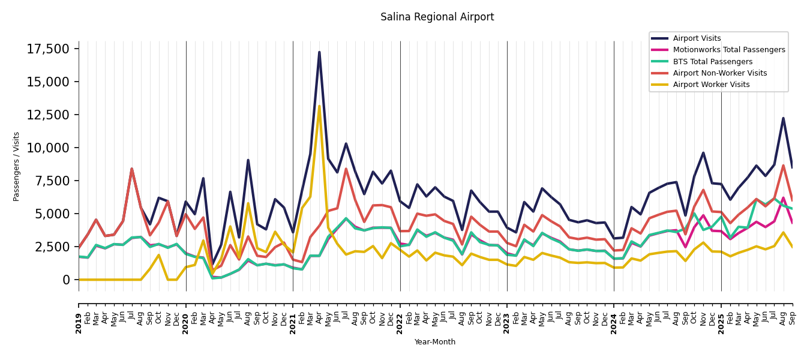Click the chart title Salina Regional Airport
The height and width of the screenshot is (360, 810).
pyautogui.click(x=437, y=17)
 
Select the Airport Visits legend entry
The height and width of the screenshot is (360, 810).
pyautogui.click(x=697, y=38)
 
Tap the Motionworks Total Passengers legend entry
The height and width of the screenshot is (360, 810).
pyautogui.click(x=728, y=50)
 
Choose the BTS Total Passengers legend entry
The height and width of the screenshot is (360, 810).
pyautogui.click(x=712, y=62)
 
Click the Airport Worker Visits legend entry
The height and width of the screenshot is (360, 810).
pyautogui.click(x=711, y=85)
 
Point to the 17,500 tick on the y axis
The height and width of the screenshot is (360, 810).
pyautogui.click(x=48, y=49)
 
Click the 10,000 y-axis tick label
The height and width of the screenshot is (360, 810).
pyautogui.click(x=48, y=148)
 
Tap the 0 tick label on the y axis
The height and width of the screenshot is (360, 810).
pyautogui.click(x=66, y=280)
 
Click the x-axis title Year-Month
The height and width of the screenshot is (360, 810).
pyautogui.click(x=435, y=342)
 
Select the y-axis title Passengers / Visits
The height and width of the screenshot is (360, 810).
pyautogui.click(x=17, y=166)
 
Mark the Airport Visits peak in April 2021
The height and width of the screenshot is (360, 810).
pyautogui.click(x=319, y=52)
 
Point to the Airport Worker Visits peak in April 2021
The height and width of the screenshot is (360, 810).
pyautogui.click(x=319, y=106)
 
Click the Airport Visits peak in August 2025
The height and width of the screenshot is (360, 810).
pyautogui.click(x=783, y=118)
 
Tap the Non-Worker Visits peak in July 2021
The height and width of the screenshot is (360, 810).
pyautogui.click(x=346, y=169)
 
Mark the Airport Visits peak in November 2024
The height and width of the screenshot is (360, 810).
pyautogui.click(x=703, y=152)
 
